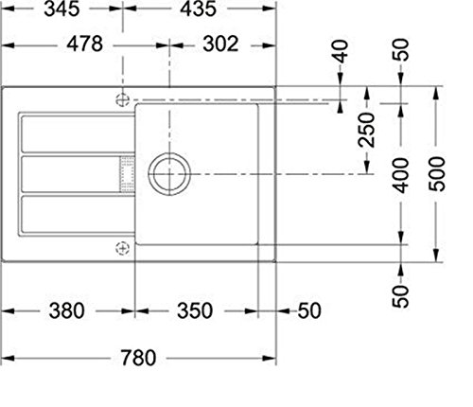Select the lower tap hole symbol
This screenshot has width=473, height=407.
coord(121,248)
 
